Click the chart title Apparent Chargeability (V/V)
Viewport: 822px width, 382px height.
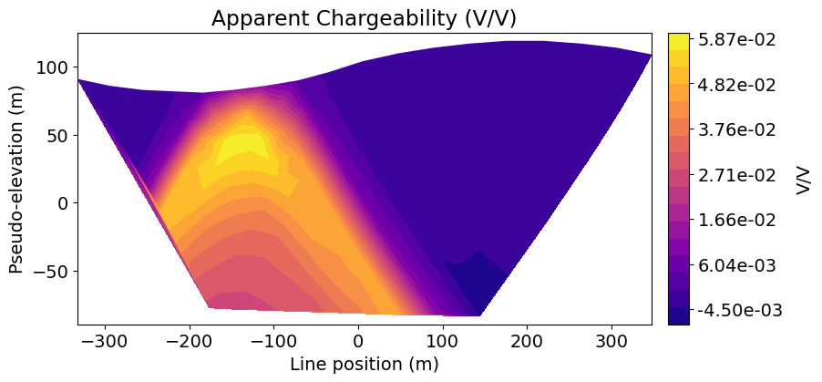(x=365, y=17)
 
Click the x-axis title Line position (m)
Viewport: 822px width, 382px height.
(x=365, y=364)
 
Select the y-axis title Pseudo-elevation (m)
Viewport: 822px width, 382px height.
(x=16, y=179)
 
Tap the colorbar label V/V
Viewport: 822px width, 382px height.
(x=802, y=179)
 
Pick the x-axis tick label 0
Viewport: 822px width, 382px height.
(x=358, y=339)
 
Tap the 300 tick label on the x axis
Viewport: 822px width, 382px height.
(x=611, y=339)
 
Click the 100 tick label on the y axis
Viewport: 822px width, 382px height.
(x=52, y=67)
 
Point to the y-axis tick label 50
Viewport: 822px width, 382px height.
(x=57, y=136)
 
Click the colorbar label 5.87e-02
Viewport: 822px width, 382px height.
(x=737, y=40)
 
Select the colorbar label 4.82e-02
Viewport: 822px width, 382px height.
(x=737, y=85)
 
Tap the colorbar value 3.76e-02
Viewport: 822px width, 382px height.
(x=737, y=130)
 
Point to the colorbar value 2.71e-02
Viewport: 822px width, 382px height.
(x=737, y=175)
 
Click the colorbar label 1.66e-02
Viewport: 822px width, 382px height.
(x=737, y=220)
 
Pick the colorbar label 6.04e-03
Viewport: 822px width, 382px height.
(x=737, y=265)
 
